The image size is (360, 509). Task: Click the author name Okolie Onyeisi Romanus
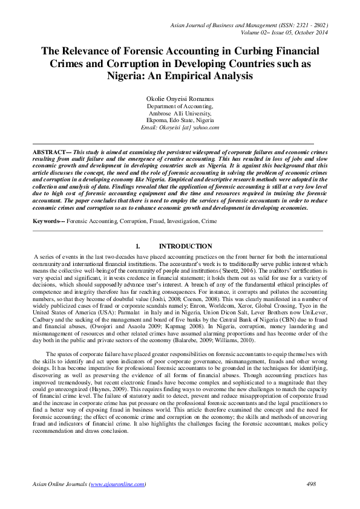[180, 98]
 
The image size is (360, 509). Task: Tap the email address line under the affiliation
[180, 128]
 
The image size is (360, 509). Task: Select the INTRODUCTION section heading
[185, 247]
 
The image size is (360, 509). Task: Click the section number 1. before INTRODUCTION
[139, 247]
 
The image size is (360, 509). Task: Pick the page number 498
[312, 484]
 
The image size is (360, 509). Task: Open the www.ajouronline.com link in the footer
[117, 484]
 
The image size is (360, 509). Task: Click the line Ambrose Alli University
[180, 113]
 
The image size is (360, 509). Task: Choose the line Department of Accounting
[180, 106]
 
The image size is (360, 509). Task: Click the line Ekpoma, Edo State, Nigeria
[180, 120]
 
